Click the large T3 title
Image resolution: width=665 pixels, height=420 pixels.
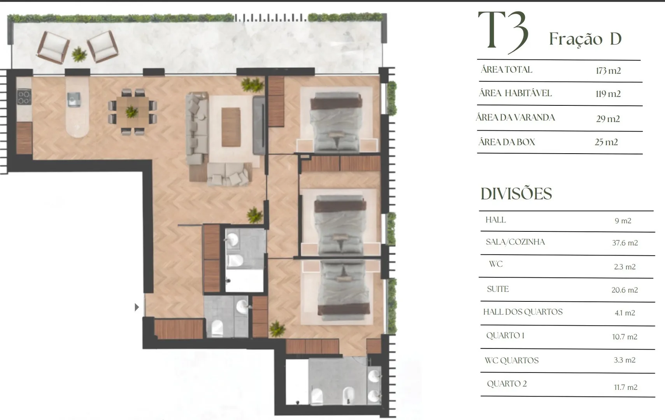tap(503, 32)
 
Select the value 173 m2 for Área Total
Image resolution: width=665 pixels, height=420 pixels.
tap(608, 71)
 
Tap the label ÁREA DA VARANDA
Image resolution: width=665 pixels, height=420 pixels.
tap(515, 117)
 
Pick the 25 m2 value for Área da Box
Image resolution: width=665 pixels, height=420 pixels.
tap(606, 142)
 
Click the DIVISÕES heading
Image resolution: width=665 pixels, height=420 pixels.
tap(516, 194)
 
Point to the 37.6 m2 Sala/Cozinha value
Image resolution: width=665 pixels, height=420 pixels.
tap(625, 243)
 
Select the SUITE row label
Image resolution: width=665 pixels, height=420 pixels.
tap(498, 289)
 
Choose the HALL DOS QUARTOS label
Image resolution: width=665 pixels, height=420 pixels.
tap(523, 312)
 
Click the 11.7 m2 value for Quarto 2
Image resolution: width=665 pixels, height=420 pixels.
tap(626, 387)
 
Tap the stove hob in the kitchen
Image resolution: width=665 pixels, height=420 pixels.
tap(24, 97)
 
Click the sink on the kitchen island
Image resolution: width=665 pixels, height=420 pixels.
tap(74, 99)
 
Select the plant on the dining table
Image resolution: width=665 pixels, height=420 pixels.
tap(132, 112)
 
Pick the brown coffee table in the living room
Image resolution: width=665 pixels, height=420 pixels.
tap(231, 127)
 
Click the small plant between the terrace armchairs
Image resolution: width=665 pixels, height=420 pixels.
tap(79, 54)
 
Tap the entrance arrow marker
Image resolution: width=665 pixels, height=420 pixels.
tap(137, 307)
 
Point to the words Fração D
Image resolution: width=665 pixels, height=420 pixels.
tap(585, 39)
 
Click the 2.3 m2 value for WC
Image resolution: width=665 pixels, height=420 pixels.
tap(625, 267)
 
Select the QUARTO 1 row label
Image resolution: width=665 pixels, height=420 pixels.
tap(505, 336)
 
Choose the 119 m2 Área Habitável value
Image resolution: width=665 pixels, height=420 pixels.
tap(608, 94)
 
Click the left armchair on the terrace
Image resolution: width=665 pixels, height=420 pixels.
tap(53, 47)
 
